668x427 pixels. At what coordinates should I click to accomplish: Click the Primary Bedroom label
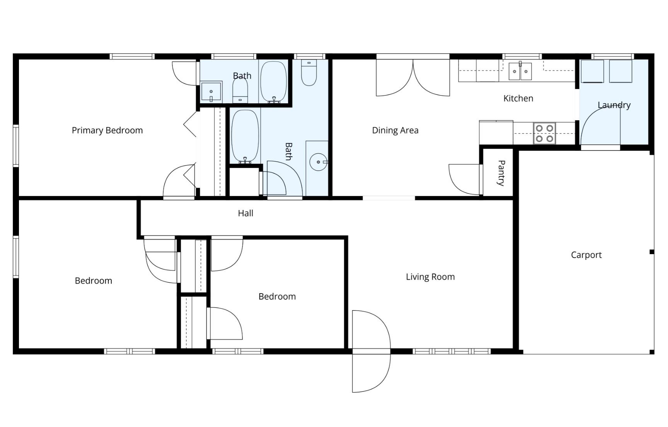(107, 130)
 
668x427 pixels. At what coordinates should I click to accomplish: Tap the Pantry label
(501, 173)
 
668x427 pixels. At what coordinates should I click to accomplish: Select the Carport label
(586, 255)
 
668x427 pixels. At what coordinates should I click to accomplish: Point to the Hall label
(245, 213)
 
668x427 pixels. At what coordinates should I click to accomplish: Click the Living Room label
(430, 277)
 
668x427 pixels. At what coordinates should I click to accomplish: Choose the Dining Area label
(395, 130)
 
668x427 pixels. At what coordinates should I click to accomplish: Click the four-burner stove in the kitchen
(544, 133)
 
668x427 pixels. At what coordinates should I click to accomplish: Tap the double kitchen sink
(520, 71)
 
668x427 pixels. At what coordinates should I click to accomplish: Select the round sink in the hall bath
(319, 162)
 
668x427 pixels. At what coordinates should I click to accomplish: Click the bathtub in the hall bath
(245, 136)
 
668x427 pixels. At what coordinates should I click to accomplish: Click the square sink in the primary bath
(211, 92)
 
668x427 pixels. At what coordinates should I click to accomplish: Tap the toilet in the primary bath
(240, 91)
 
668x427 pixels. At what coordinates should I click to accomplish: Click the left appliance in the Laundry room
(592, 71)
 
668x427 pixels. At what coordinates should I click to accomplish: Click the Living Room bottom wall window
(452, 351)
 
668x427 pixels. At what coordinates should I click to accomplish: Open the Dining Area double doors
(413, 77)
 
